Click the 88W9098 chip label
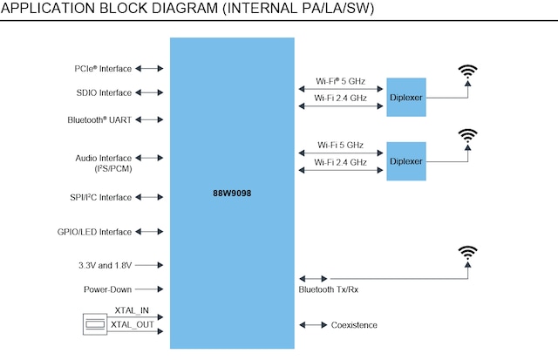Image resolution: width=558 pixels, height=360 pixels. (x=231, y=192)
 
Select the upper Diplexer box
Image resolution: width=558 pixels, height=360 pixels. (x=406, y=97)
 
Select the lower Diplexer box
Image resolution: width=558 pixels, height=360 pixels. (x=406, y=161)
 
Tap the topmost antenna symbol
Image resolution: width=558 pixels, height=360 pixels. (x=468, y=73)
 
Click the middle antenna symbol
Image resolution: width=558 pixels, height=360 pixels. (x=468, y=137)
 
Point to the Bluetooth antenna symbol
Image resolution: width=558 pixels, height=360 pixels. (x=468, y=254)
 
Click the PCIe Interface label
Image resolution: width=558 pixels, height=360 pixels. (x=103, y=68)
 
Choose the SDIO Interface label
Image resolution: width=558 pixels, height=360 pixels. (x=104, y=92)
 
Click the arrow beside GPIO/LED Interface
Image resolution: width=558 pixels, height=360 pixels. (x=150, y=232)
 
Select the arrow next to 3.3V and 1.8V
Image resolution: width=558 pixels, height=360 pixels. (x=150, y=264)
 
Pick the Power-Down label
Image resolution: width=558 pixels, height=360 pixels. (x=107, y=289)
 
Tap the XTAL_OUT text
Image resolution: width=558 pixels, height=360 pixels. (x=133, y=324)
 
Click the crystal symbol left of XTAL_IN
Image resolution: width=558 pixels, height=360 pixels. (x=93, y=324)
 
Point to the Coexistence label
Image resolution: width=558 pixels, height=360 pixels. (x=354, y=325)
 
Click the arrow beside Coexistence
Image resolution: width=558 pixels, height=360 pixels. (x=311, y=325)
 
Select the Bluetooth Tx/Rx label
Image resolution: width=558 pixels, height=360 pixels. (x=327, y=289)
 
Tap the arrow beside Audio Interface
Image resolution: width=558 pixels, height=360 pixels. (x=150, y=159)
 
